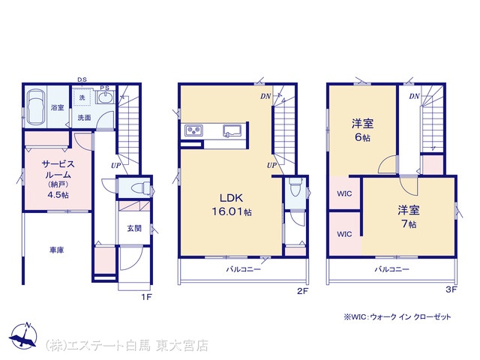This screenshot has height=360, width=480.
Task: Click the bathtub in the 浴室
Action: (x=36, y=106)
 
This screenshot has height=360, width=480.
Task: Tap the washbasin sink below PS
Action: (x=105, y=97)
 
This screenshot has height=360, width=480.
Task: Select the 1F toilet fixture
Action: (x=140, y=187)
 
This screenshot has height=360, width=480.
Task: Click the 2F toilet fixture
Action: (x=295, y=186)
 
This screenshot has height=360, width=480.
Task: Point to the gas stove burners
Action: (x=193, y=130)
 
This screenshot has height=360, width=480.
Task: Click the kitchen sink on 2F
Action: (x=232, y=130)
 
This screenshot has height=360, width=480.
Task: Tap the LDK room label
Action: (x=231, y=198)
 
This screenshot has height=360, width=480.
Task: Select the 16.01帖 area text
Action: (x=232, y=211)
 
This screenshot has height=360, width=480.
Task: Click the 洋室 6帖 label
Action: (x=362, y=130)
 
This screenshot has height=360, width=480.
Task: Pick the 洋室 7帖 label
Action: (x=409, y=217)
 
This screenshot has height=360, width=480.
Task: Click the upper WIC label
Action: (x=344, y=193)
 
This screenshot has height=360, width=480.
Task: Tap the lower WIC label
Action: (x=344, y=234)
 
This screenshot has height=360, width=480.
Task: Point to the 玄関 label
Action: (x=134, y=228)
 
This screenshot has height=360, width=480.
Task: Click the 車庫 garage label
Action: (x=57, y=250)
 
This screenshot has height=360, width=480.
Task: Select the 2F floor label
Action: (x=302, y=291)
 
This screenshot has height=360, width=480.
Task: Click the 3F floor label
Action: (x=451, y=289)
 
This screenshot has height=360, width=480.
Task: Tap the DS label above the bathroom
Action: (x=82, y=79)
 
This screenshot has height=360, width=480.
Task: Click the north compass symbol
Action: (x=23, y=336)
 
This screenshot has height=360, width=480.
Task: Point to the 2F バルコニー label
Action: (x=243, y=269)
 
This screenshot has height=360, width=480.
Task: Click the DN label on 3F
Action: (x=414, y=97)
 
